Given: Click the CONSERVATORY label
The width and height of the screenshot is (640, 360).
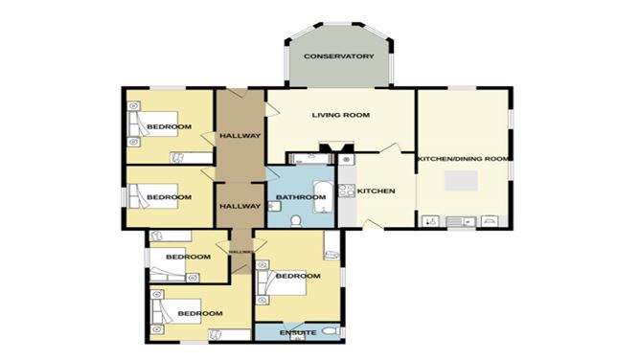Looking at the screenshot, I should tap(338, 57).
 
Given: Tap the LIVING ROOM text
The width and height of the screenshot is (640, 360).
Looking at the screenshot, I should tap(340, 116).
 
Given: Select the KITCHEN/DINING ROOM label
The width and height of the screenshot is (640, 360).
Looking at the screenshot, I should tap(464, 158).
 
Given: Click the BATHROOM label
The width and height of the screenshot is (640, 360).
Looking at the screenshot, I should tap(295, 198).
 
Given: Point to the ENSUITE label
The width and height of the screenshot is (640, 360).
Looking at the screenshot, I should tap(298, 332).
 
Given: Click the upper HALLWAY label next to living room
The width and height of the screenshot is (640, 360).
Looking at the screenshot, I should tap(240, 135).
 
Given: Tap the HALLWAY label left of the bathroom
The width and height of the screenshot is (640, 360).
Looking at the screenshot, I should tap(240, 206).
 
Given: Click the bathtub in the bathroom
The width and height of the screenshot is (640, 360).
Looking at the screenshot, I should tap(322, 191).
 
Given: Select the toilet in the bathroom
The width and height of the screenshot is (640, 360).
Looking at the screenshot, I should tap(296, 220).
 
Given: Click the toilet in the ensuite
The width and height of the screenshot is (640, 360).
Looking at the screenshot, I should tap(330, 332).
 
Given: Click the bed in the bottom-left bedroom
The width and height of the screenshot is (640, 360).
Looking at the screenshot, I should tap(163, 313).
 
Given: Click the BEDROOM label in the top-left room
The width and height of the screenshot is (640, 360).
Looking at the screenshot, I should tap(173, 127).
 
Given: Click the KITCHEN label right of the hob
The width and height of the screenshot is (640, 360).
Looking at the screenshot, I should tap(376, 191).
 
